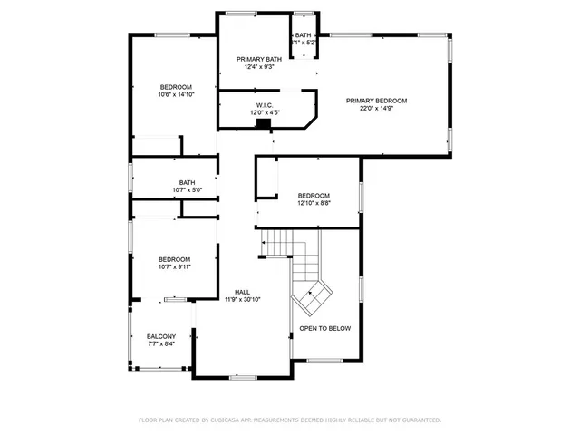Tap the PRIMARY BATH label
point(260,59)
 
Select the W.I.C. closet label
point(264,105)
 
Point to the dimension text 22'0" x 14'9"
point(376,109)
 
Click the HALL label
point(242,292)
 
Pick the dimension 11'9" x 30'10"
point(242,299)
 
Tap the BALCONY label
point(161,336)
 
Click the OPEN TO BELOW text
point(324,328)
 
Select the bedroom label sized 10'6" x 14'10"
point(175,86)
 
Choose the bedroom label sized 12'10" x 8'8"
point(314,196)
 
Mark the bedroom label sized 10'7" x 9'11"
point(174,258)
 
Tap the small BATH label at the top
point(302,35)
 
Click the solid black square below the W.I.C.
point(265,124)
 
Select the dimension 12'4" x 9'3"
point(260,67)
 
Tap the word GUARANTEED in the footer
point(419,420)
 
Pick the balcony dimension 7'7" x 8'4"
point(161,343)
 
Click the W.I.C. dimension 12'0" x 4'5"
point(264,112)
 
